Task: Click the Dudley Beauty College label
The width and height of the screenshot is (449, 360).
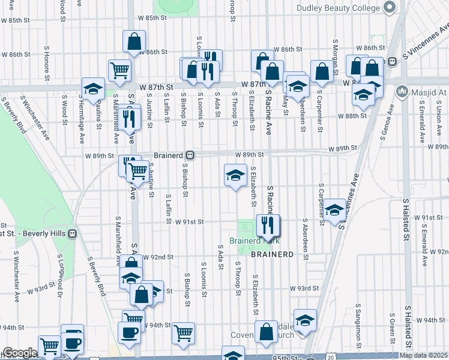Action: point(338,8)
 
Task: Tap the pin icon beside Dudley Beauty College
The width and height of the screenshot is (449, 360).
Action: point(388,7)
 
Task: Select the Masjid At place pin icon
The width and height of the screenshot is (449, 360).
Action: point(402,92)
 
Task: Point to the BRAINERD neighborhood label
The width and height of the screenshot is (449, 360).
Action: point(272,254)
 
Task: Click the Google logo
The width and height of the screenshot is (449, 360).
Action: point(20,353)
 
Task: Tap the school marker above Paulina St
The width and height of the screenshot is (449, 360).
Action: point(93,89)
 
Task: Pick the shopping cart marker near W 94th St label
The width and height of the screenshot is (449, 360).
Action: point(183,332)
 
